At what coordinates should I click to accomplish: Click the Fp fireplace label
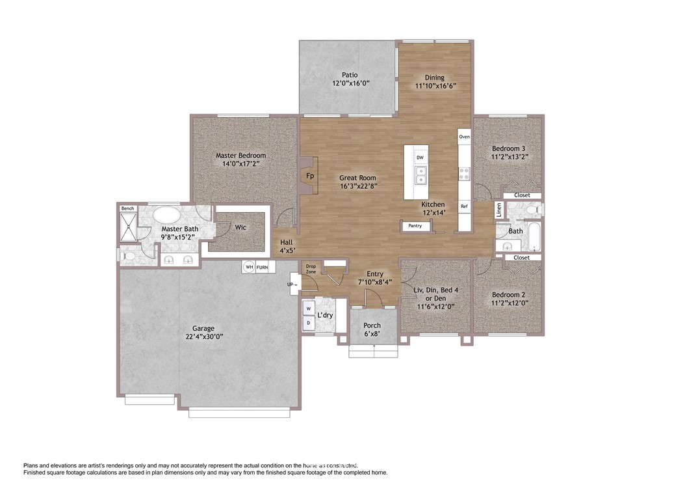[310, 176]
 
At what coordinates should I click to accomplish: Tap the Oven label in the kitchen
[464, 137]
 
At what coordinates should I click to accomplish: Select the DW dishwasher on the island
[420, 158]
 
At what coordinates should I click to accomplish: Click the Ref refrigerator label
[464, 206]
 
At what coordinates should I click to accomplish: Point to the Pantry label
[415, 226]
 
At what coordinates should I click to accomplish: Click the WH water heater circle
[249, 267]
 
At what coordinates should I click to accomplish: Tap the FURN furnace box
[263, 267]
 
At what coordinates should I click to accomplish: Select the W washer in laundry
[309, 309]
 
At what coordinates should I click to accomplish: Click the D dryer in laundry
[309, 322]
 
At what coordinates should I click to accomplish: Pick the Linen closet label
[498, 210]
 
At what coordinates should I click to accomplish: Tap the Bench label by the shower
[127, 208]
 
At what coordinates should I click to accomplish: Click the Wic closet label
[240, 228]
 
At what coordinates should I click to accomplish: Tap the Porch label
[372, 326]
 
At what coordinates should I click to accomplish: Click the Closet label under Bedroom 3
[522, 195]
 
